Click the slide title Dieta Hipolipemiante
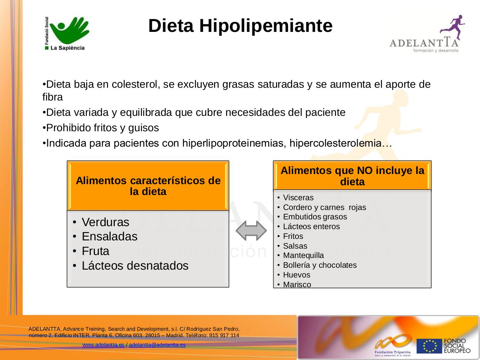click(x=240, y=26)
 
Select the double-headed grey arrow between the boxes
click(x=251, y=231)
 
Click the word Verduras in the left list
click(x=105, y=222)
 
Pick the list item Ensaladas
click(x=109, y=237)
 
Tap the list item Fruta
click(x=95, y=251)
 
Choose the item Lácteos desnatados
click(x=135, y=265)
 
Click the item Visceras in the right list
click(x=298, y=198)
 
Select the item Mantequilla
click(x=303, y=255)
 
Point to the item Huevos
click(x=297, y=274)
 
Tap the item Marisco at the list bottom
click(x=297, y=284)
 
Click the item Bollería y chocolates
click(x=320, y=265)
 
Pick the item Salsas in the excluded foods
click(x=295, y=246)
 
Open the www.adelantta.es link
click(x=103, y=345)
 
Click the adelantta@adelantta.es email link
click(x=157, y=345)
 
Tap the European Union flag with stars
click(x=429, y=346)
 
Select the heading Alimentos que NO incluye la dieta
click(x=352, y=176)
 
